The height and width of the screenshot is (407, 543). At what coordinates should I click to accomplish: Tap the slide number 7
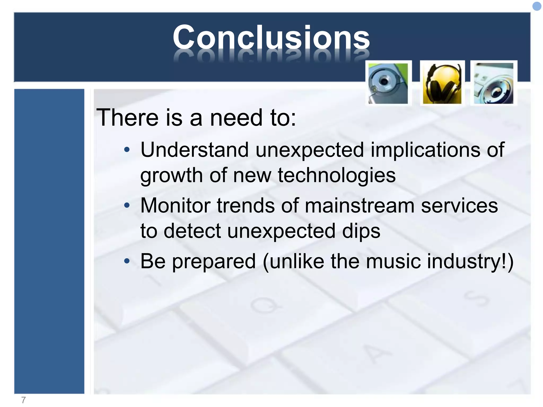(23, 400)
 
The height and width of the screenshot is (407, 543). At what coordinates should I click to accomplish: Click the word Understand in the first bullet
(194, 150)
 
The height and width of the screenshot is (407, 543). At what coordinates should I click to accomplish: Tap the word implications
(425, 150)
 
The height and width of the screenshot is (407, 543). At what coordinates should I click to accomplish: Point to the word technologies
(337, 175)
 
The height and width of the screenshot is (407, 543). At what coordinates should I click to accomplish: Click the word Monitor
(175, 206)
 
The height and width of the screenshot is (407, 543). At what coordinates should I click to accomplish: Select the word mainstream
(360, 206)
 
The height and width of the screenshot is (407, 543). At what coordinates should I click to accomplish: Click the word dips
(361, 231)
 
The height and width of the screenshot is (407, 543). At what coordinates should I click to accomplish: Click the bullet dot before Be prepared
(127, 261)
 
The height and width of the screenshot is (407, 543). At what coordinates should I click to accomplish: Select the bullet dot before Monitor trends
(127, 205)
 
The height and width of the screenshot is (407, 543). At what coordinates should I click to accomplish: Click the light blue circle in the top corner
(537, 6)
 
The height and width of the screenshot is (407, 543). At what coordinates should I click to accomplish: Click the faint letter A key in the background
(376, 354)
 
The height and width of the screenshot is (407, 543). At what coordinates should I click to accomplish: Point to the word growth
(171, 176)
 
